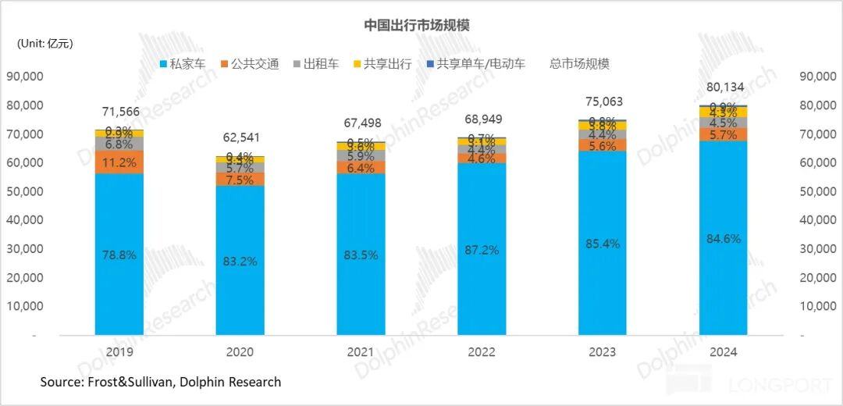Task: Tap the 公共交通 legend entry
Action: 250,64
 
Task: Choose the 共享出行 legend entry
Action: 382,64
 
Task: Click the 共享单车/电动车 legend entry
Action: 475,64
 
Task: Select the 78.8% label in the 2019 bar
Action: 119,255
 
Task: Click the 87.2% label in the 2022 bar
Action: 482,251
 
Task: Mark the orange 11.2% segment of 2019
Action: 119,162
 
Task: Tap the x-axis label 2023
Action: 602,352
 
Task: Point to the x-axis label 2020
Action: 240,352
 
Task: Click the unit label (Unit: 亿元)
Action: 45,44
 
